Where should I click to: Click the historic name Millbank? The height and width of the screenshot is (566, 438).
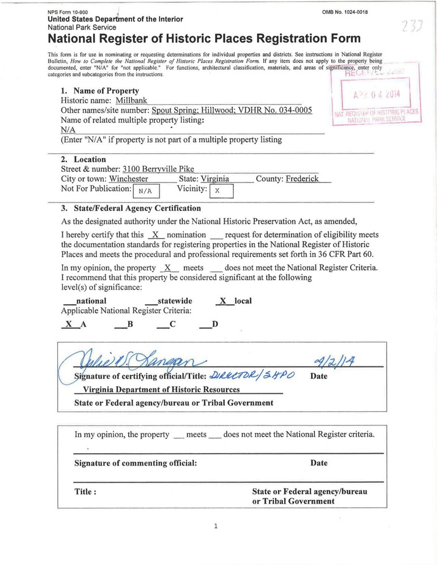(132, 100)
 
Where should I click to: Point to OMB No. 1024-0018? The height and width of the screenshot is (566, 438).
(344, 12)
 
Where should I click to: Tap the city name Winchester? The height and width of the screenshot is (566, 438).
(129, 179)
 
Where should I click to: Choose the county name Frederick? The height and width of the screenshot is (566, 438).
(302, 179)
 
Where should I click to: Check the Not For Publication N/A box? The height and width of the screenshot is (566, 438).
(146, 191)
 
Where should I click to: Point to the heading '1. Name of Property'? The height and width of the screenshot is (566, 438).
(100, 91)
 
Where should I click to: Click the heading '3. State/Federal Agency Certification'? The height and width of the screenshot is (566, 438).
(130, 208)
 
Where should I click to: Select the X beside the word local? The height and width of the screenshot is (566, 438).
(223, 301)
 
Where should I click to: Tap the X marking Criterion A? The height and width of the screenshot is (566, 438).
(69, 324)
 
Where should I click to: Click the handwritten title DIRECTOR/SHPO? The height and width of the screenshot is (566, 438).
(246, 375)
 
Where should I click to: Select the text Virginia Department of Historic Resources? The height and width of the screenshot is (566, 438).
(161, 390)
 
